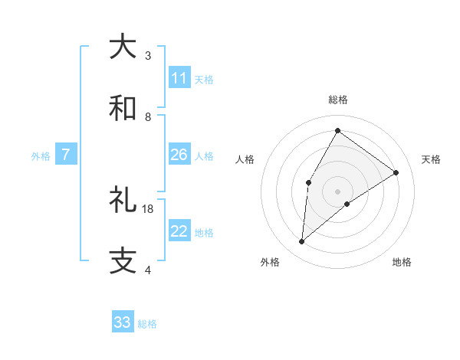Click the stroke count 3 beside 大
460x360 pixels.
pos(148,56)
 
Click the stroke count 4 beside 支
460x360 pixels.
pos(148,270)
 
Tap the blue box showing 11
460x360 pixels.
pos(179,78)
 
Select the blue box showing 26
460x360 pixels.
pos(179,155)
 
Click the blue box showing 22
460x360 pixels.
pos(179,231)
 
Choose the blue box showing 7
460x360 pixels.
pos(66,155)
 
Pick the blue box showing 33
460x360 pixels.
pos(123,322)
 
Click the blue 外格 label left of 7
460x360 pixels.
pos(41,156)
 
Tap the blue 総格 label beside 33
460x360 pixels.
pos(147,324)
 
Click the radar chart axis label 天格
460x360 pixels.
pos(431,159)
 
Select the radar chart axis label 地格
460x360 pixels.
pos(402,262)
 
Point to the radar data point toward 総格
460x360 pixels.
pos(337,130)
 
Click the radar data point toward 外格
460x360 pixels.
pos(302,242)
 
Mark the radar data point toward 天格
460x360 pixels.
pos(396,173)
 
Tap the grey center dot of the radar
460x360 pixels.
pos(337,191)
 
